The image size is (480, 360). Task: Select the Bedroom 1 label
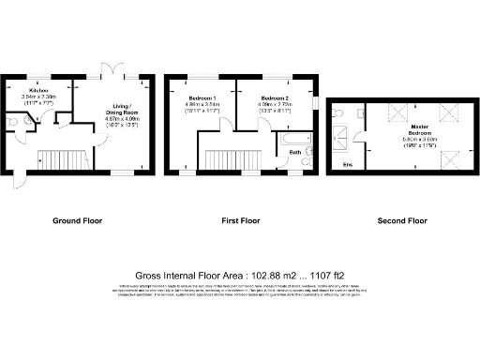point(202,98)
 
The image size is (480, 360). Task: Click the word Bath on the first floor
point(294,152)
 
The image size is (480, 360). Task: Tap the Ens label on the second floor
point(348,166)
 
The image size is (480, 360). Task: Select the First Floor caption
point(240,222)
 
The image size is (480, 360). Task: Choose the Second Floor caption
point(402,222)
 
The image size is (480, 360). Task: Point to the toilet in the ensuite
point(339,112)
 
